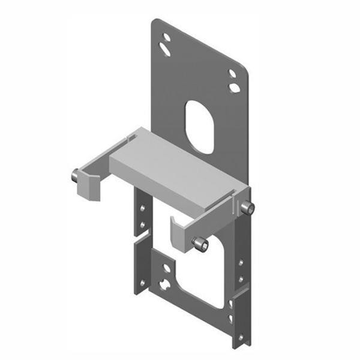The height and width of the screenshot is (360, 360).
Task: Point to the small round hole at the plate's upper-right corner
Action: click(233, 74)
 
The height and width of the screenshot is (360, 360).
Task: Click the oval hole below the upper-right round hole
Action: click(234, 88)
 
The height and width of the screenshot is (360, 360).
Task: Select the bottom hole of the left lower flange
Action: click(142, 281)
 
